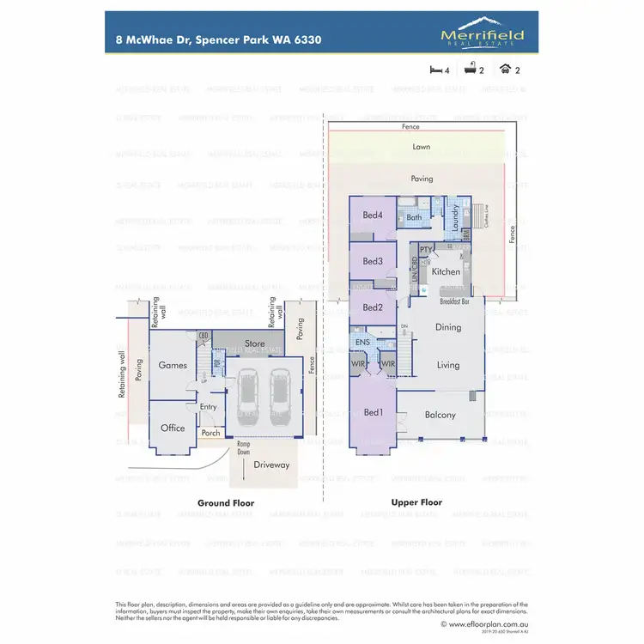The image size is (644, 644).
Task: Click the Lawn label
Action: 421,147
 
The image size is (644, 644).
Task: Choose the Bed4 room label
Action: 372,215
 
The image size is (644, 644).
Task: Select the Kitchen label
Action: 446,271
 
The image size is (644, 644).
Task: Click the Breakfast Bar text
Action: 453,302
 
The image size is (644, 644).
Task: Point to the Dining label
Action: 448,327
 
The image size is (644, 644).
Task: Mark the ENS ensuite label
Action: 362,343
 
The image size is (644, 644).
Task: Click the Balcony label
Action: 440,416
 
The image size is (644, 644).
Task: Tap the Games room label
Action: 173,365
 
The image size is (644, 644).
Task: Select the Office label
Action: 173,428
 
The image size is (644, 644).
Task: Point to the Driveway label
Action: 271,465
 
